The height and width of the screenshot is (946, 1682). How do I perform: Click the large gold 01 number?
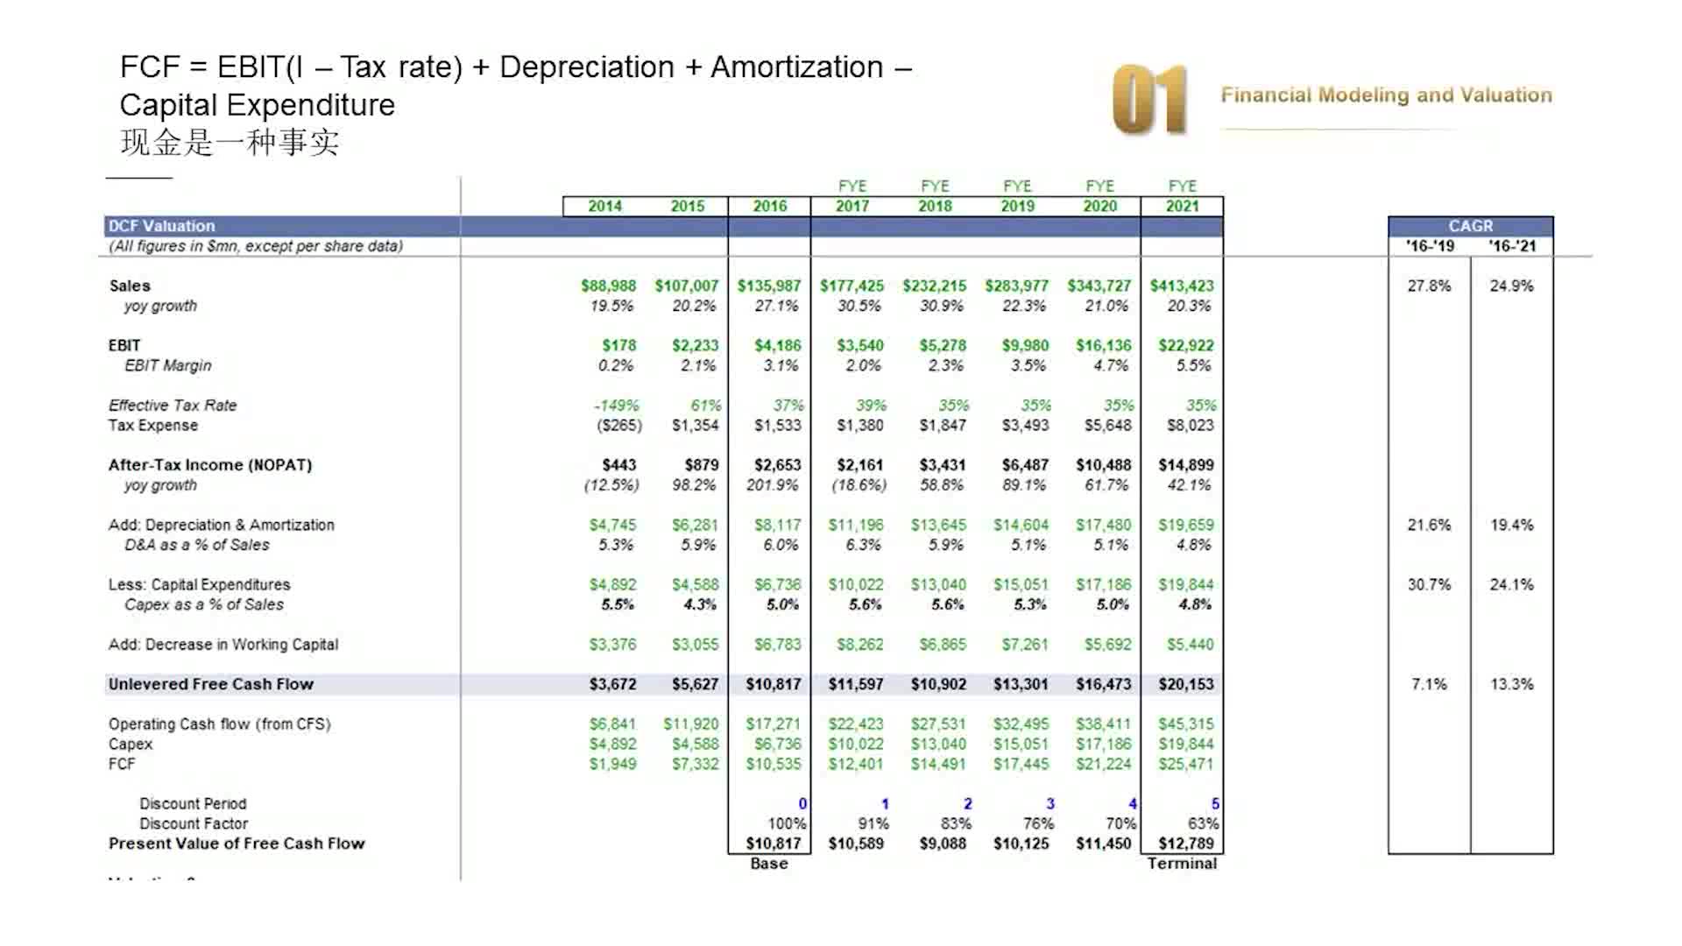tap(1149, 99)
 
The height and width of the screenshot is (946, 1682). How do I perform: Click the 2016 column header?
tap(769, 206)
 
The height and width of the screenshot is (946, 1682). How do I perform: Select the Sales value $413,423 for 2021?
tap(1181, 286)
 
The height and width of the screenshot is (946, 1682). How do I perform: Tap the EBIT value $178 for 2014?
tap(618, 345)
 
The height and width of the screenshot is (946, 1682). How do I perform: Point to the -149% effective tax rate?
tap(616, 406)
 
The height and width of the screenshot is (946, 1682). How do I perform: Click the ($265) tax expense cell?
tap(618, 426)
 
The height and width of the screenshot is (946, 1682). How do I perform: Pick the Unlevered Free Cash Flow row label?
tap(210, 684)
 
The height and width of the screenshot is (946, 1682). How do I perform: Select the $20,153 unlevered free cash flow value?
tap(1185, 684)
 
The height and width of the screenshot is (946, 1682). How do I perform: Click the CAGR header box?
tap(1470, 226)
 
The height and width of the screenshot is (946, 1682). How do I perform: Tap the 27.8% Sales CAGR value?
tap(1429, 286)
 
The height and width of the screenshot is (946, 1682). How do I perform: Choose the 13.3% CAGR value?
tap(1511, 684)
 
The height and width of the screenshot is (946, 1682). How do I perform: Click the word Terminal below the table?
tap(1181, 864)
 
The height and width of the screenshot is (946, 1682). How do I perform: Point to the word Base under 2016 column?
tap(768, 864)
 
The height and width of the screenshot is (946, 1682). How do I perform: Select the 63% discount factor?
tap(1202, 824)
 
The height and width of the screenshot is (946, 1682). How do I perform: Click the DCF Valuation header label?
tap(161, 226)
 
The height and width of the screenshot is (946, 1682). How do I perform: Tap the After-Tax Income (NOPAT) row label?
tap(209, 465)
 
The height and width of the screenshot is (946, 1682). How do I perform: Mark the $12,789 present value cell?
tap(1185, 844)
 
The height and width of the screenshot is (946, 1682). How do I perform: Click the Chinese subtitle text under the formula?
tap(230, 143)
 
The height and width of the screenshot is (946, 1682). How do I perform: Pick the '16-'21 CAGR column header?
tap(1511, 246)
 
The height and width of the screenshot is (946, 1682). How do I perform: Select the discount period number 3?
tap(1049, 804)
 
